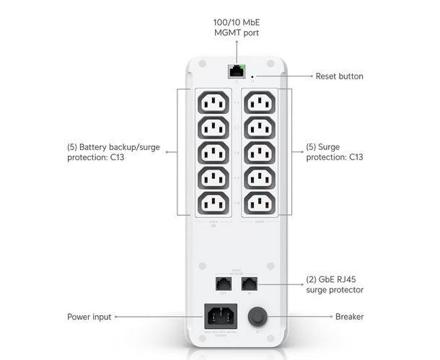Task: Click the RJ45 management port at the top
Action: [236, 71]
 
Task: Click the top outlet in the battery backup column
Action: [214, 104]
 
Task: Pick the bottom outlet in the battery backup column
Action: [214, 203]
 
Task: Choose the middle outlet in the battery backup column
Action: [214, 153]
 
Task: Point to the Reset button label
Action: [339, 76]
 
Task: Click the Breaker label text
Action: [349, 316]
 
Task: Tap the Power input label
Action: [89, 316]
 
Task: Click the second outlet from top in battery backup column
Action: [214, 128]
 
